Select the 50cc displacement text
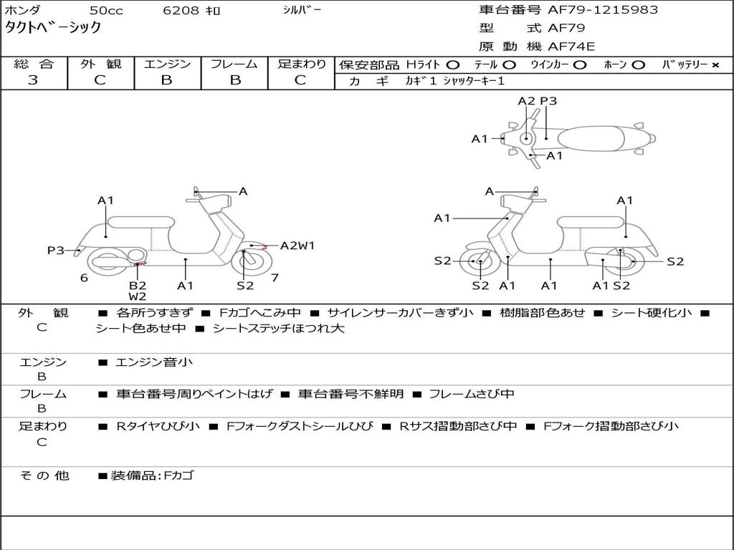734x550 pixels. tap(105, 10)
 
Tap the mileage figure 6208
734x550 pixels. tap(181, 10)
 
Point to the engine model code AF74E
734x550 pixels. tap(571, 47)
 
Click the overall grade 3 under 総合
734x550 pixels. tap(33, 80)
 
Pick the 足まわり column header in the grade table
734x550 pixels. tap(301, 64)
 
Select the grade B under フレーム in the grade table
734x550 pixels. tap(234, 80)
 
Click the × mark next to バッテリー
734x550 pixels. tap(715, 64)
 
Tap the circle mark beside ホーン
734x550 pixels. tap(639, 64)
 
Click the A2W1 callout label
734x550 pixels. tap(297, 246)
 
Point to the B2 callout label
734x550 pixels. tap(138, 285)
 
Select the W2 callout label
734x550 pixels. tap(138, 296)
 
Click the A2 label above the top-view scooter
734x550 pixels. tap(527, 101)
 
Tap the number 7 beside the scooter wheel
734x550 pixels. tap(275, 277)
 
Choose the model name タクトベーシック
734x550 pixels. tap(53, 28)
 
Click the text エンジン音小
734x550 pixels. tap(153, 362)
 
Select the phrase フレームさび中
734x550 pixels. tap(472, 394)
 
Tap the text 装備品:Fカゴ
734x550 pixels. tap(152, 475)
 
